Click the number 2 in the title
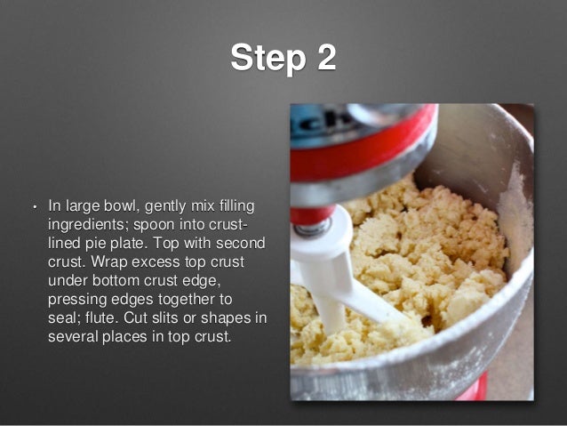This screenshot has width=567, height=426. tap(324, 58)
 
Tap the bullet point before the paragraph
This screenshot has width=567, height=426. tap(35, 207)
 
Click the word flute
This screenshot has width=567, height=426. tap(102, 318)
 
